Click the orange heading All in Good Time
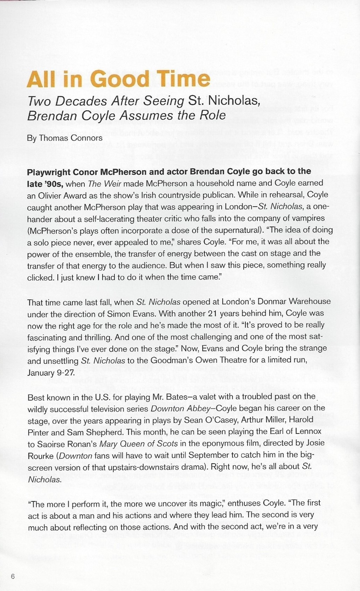click(118, 79)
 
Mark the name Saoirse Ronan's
click(66, 443)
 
